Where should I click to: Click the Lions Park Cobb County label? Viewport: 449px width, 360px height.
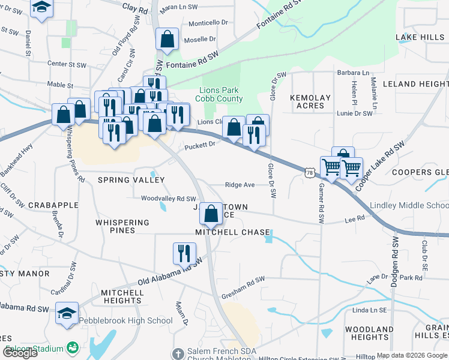click(221, 94)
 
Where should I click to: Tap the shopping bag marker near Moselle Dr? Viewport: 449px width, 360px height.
click(167, 40)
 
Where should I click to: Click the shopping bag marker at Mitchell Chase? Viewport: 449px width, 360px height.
click(211, 214)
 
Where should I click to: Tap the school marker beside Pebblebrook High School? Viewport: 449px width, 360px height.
click(67, 313)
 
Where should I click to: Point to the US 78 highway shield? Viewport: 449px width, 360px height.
click(309, 173)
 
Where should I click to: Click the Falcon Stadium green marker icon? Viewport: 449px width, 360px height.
click(73, 348)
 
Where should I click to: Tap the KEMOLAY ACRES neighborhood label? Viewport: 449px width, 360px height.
click(310, 101)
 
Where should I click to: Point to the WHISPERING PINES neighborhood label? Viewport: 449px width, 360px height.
click(122, 226)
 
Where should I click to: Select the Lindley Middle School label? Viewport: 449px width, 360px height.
click(409, 205)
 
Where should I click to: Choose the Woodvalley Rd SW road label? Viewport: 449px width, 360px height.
click(169, 199)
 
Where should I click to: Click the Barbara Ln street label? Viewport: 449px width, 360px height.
click(353, 73)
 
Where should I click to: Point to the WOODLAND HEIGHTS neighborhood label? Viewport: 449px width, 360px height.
click(370, 333)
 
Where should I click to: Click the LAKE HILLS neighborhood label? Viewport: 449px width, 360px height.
click(420, 37)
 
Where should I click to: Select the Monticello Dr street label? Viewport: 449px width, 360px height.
click(208, 22)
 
